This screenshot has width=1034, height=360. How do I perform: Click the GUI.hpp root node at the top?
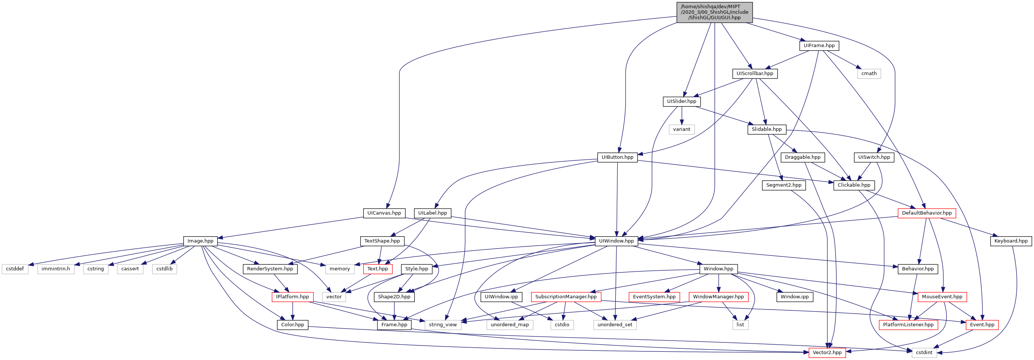(x=714, y=12)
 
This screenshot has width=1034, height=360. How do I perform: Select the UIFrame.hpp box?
(x=819, y=45)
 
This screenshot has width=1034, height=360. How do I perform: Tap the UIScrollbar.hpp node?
(x=754, y=73)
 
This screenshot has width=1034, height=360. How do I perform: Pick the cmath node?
(x=868, y=73)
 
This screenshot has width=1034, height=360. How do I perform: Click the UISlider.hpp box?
(x=682, y=101)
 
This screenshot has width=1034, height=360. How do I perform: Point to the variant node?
(x=682, y=129)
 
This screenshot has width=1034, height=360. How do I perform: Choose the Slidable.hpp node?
(x=767, y=129)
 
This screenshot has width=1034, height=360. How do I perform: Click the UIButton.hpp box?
(x=617, y=157)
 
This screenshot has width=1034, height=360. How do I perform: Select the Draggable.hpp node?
(x=802, y=157)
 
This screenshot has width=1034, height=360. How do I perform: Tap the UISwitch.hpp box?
(x=874, y=157)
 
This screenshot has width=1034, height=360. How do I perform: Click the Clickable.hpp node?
(x=854, y=185)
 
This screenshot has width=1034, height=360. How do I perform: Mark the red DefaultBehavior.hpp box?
(x=926, y=213)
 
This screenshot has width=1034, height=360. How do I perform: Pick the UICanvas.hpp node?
(x=384, y=213)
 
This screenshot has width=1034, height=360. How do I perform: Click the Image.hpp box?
(x=200, y=241)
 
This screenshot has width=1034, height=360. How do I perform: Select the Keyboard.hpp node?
(x=1011, y=241)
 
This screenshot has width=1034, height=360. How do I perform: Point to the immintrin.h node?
(x=56, y=269)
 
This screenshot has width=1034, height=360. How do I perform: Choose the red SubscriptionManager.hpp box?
(x=565, y=297)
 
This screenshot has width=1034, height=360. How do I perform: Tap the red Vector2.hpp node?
(x=827, y=353)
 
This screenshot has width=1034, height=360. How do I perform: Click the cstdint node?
(x=924, y=353)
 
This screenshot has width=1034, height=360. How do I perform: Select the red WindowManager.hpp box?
(x=718, y=297)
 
